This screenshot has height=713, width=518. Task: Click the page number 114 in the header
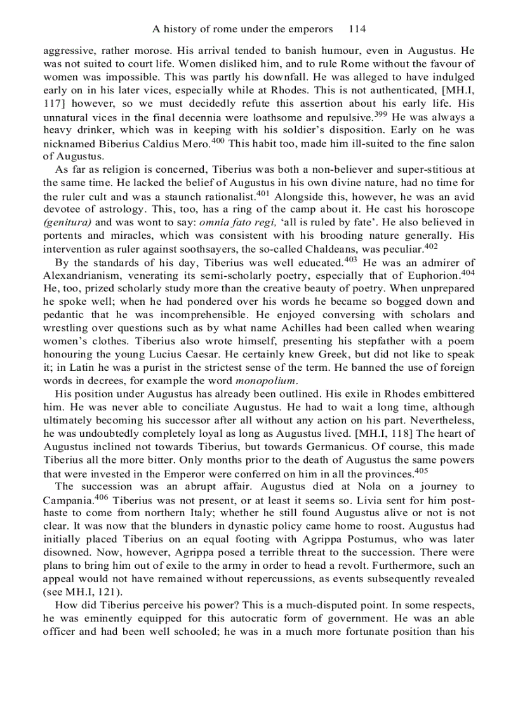[x=357, y=29]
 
